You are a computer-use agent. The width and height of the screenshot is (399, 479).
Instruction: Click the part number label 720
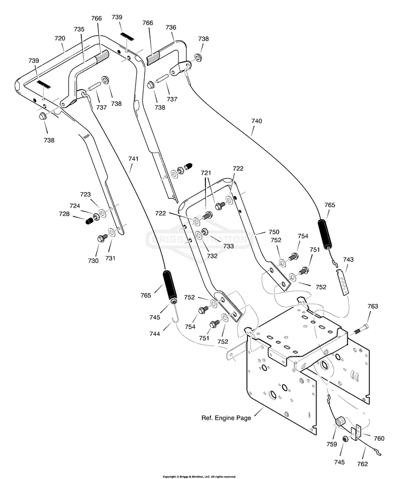tap(60, 38)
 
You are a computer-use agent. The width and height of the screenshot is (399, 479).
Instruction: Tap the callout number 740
tap(256, 121)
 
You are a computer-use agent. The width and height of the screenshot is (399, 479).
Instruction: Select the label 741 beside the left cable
tap(133, 159)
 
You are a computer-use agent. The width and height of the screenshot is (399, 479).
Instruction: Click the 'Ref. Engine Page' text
tap(226, 418)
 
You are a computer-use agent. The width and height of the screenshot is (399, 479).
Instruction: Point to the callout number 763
tap(372, 306)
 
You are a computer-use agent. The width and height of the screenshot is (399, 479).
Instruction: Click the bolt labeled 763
tap(361, 330)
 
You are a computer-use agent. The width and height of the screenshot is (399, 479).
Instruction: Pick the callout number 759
tap(331, 444)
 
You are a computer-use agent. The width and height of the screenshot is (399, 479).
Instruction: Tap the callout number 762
tap(362, 464)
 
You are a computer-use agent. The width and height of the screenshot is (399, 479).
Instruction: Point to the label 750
tap(273, 232)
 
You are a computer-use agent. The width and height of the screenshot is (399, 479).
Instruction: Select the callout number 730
tap(94, 261)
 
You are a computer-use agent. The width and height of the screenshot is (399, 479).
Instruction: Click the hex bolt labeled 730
tap(102, 238)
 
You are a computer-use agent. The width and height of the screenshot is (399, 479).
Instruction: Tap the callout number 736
tap(171, 27)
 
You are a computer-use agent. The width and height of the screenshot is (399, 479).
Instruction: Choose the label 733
tap(228, 246)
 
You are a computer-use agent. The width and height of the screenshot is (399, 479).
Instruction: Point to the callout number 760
tap(379, 439)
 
